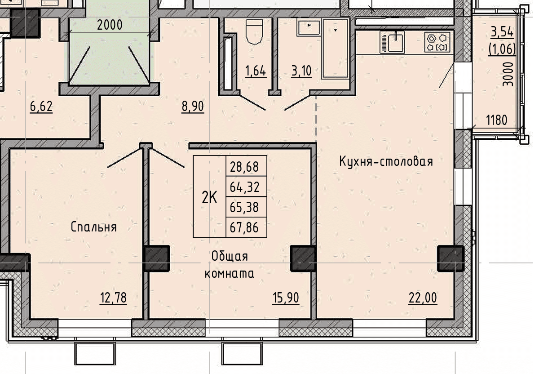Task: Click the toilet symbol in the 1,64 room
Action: click(254, 32)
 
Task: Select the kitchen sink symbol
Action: click(392, 42)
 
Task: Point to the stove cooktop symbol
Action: click(437, 42)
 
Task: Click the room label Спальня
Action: click(94, 227)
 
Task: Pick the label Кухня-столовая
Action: click(386, 161)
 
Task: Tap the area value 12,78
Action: click(113, 298)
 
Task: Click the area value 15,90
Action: click(286, 298)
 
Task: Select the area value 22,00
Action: click(423, 298)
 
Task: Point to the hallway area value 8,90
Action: click(193, 107)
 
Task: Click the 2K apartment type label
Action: click(209, 198)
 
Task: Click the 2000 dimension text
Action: click(110, 25)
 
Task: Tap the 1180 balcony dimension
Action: click(497, 120)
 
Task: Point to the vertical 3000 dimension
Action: click(508, 74)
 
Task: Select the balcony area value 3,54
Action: click(502, 32)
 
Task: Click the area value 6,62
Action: click(41, 107)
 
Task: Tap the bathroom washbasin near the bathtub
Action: click(309, 28)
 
